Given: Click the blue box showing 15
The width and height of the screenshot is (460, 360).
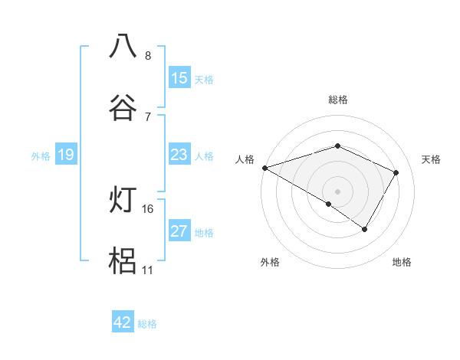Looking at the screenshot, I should (179, 77).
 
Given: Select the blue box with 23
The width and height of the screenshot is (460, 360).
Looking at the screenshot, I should (179, 155).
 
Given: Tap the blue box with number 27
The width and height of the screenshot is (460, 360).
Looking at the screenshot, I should (179, 231).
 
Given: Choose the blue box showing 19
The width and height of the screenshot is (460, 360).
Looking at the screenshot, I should (65, 155).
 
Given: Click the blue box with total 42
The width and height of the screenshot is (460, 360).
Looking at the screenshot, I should (123, 322).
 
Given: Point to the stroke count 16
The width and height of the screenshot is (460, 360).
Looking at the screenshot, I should (148, 208).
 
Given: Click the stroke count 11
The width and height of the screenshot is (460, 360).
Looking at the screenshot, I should (148, 270).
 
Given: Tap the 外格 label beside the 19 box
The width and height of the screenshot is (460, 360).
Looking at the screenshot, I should (41, 156).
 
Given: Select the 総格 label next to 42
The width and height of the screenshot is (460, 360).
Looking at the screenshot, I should (148, 324).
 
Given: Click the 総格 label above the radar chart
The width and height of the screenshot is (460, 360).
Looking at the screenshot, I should (338, 100).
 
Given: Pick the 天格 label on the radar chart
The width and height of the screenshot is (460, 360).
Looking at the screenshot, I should (432, 159).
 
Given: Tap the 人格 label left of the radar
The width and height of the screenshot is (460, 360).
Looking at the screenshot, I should (245, 159).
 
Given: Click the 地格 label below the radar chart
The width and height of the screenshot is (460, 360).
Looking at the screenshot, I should (402, 263).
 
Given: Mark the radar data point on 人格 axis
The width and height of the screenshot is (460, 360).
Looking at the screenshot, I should (264, 168).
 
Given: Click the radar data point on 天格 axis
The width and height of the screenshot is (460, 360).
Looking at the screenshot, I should (396, 172).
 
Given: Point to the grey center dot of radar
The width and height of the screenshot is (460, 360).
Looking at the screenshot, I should (338, 191).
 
